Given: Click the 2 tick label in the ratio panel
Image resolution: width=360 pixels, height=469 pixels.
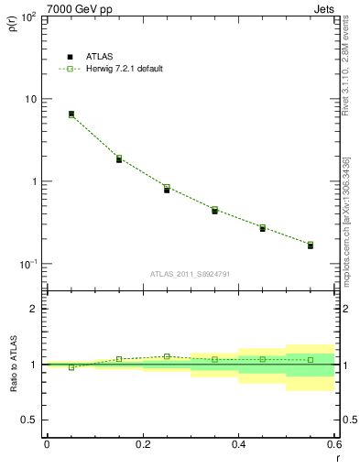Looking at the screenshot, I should tap(34, 309).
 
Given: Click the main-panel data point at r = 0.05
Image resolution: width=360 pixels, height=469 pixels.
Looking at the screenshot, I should tap(71, 115).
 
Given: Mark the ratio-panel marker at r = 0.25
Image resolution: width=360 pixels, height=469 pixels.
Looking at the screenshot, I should tap(167, 356).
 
